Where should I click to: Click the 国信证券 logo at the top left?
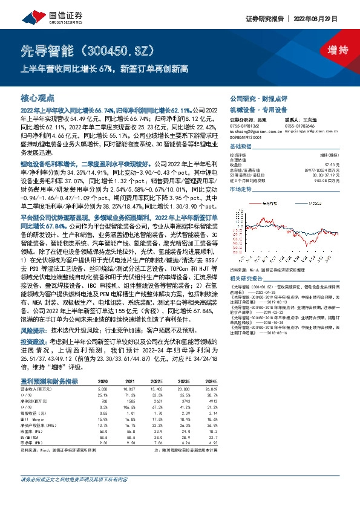39,14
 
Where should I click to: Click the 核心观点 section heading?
38,98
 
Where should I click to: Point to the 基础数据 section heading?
240,148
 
